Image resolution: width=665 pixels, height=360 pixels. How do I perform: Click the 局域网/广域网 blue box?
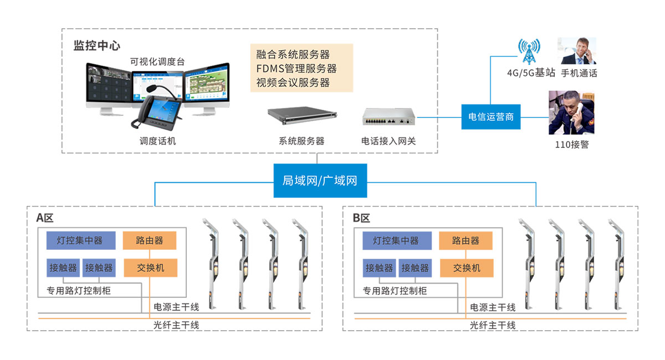click(320, 181)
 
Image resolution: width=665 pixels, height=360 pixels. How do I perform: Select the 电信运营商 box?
click(491, 117)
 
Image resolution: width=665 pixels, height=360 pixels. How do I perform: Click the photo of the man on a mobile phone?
click(576, 51)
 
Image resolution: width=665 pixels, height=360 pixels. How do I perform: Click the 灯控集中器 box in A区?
click(81, 240)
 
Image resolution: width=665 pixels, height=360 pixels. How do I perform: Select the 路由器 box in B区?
click(466, 240)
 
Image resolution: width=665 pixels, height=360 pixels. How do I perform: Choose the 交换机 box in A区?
click(150, 268)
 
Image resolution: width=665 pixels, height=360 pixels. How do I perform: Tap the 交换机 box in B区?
click(466, 268)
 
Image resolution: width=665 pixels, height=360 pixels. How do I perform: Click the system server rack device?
click(301, 116)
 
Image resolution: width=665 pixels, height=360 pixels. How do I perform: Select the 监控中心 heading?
click(97, 45)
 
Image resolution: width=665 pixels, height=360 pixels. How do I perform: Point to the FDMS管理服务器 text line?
click(296, 69)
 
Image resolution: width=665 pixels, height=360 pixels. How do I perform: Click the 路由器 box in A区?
click(150, 240)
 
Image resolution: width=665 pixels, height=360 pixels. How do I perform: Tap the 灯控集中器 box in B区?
click(396, 240)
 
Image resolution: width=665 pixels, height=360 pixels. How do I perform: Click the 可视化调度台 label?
click(157, 61)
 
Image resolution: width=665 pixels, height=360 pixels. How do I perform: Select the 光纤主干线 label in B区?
click(493, 325)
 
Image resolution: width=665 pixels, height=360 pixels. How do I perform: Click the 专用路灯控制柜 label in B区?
click(395, 290)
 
